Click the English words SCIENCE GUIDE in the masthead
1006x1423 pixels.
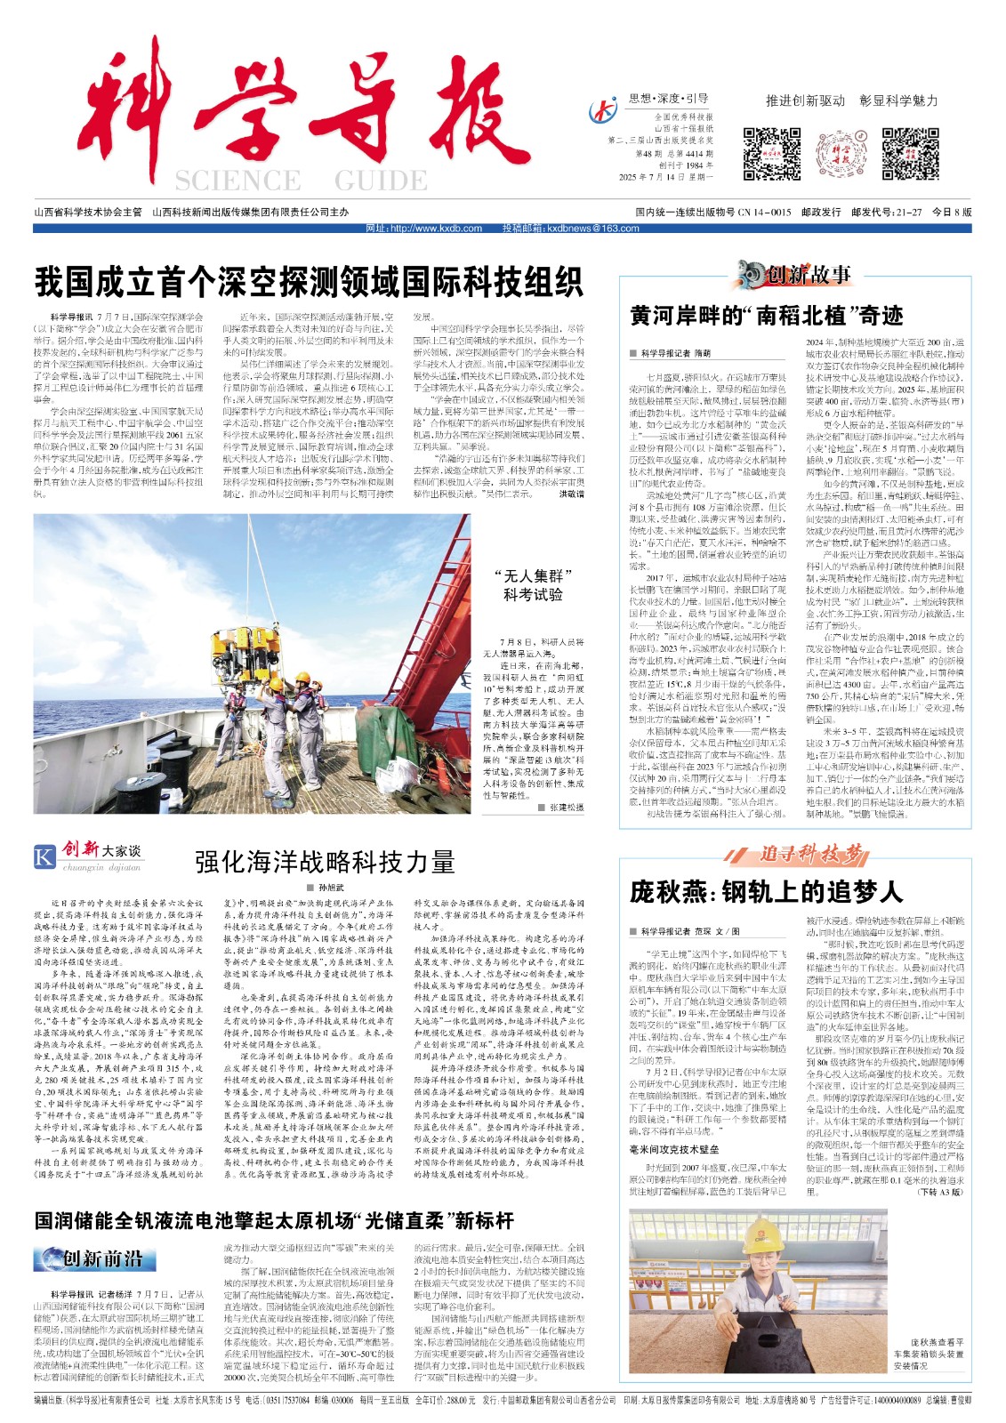coord(301,181)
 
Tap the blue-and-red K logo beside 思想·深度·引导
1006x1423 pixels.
coord(604,110)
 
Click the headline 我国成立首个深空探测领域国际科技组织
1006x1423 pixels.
coord(309,282)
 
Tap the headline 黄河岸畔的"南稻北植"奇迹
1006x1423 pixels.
coord(767,315)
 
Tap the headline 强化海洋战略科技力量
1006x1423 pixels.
coord(325,861)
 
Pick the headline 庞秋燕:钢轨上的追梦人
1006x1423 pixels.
coord(766,892)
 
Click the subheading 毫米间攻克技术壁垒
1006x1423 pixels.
coord(674,1150)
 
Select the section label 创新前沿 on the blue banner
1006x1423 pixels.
coord(102,1258)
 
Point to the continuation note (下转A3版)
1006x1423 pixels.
coord(940,1192)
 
